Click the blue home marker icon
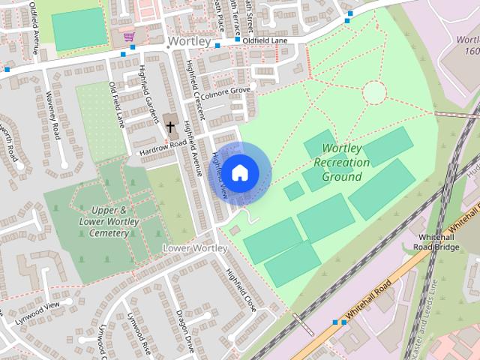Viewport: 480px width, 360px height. (x=239, y=172)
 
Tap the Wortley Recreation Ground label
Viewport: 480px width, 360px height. (x=341, y=163)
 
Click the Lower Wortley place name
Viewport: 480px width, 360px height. (x=195, y=247)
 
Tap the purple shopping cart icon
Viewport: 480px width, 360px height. (x=129, y=35)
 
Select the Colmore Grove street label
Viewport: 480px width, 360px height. (x=224, y=92)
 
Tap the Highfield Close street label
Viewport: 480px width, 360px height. (x=241, y=289)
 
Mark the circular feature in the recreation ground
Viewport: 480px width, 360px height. (x=373, y=93)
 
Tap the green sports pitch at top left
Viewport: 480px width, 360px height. (x=79, y=28)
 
